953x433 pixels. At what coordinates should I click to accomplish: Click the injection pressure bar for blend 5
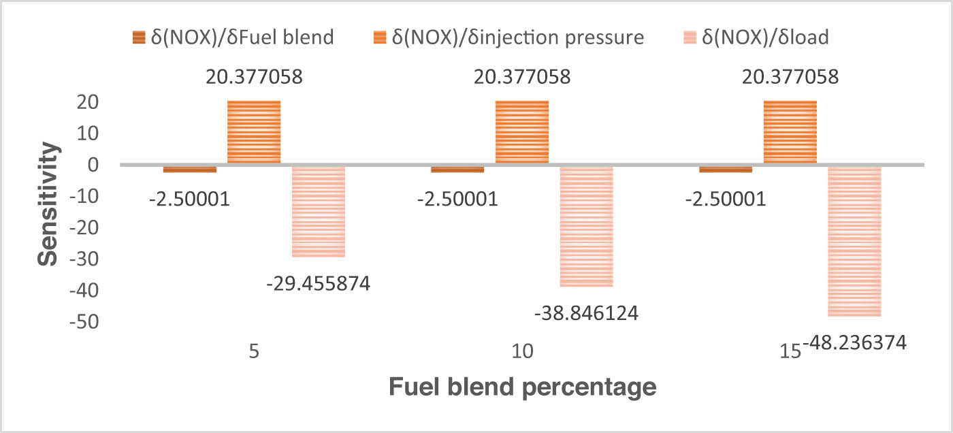click(254, 132)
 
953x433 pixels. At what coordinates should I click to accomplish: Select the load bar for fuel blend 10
click(586, 226)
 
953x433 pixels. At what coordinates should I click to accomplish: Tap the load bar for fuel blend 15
click(854, 241)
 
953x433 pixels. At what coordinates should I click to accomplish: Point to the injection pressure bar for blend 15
click(790, 132)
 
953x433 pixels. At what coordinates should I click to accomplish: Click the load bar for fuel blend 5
click(318, 211)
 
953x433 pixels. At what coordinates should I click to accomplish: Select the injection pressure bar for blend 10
click(522, 132)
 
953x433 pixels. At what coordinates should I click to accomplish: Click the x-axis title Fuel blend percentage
click(522, 388)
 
